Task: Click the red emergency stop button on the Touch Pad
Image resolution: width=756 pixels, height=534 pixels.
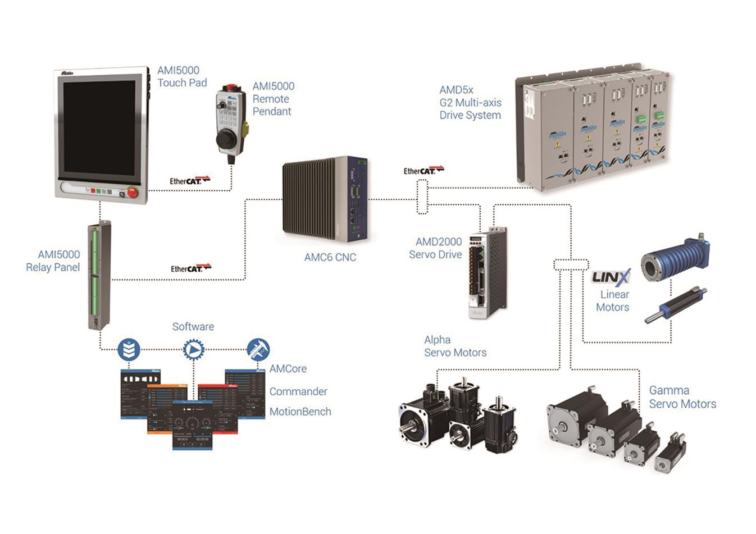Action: (133, 193)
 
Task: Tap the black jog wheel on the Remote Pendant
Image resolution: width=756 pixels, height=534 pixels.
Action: (226, 140)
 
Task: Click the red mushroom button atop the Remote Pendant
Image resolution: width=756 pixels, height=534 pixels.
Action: (230, 88)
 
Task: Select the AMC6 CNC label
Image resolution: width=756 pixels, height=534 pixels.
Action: (330, 257)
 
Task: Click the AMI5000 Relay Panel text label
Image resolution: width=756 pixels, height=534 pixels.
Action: (53, 261)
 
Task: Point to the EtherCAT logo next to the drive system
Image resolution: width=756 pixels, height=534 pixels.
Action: (423, 170)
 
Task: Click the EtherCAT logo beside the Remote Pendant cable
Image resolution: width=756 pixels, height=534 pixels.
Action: (190, 180)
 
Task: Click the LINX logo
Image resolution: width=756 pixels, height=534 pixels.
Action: (611, 277)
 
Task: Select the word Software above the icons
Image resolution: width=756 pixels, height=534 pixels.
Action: (193, 326)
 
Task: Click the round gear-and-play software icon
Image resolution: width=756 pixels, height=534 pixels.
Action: (193, 350)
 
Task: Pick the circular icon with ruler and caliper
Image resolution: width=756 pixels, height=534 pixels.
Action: (258, 349)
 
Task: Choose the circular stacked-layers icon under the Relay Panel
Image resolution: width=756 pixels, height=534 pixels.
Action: (129, 349)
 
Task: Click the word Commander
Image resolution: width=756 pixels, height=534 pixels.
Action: (298, 391)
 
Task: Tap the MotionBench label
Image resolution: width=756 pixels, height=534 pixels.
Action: (300, 412)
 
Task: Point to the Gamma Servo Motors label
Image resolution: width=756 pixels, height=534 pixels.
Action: (682, 397)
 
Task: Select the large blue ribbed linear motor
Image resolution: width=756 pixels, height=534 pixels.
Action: (675, 259)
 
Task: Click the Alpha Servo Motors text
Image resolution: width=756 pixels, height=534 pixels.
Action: (455, 346)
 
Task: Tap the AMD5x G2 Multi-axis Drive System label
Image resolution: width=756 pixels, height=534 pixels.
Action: (470, 102)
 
